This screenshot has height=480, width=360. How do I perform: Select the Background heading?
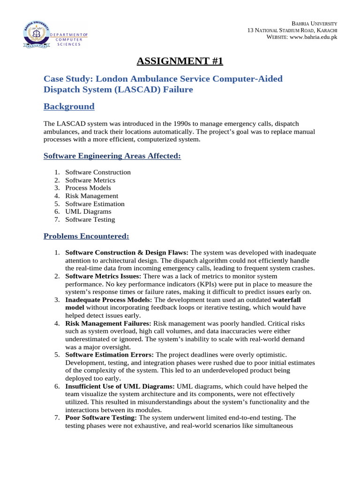pyautogui.click(x=69, y=106)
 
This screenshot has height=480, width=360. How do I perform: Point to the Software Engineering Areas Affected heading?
pyautogui.click(x=112, y=156)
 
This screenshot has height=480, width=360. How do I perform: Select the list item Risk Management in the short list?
pyautogui.click(x=91, y=196)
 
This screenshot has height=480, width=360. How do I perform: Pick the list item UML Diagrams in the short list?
pyautogui.click(x=88, y=211)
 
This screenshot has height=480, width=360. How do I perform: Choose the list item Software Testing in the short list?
pyautogui.click(x=90, y=219)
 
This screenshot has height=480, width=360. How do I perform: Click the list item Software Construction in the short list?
pyautogui.click(x=98, y=172)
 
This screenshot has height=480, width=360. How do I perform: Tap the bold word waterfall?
pyautogui.click(x=287, y=300)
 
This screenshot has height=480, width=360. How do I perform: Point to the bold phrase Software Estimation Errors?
pyautogui.click(x=109, y=354)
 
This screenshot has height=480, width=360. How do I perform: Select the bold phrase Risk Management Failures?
pyautogui.click(x=108, y=323)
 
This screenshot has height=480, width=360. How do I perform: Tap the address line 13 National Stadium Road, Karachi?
pyautogui.click(x=292, y=30)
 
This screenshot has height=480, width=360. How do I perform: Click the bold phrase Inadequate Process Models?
pyautogui.click(x=109, y=300)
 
